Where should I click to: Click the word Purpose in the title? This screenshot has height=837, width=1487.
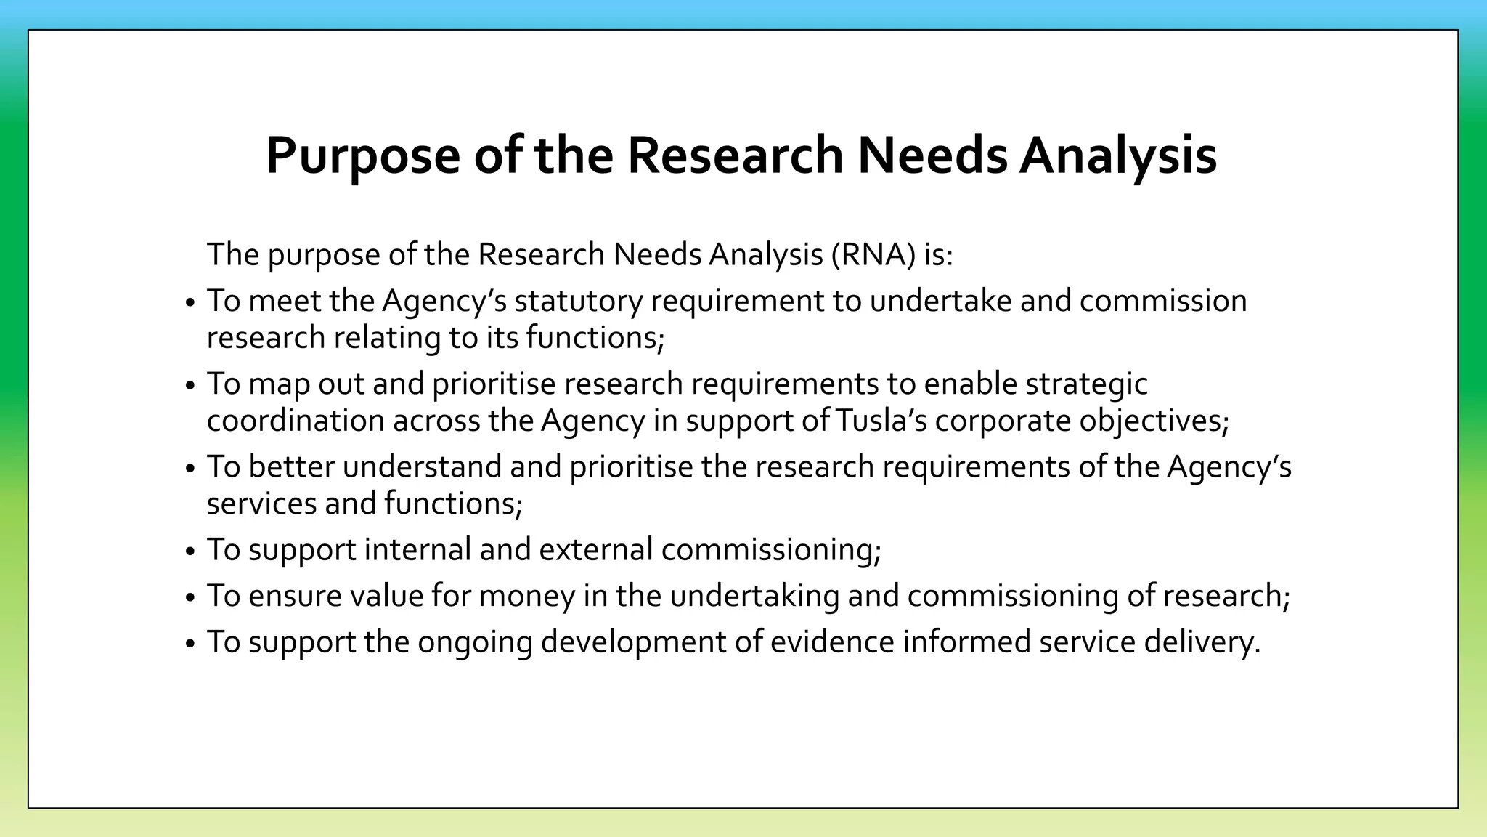click(x=363, y=155)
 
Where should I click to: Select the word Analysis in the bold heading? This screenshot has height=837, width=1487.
click(x=1117, y=155)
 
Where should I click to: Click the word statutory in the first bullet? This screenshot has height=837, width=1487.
click(x=578, y=301)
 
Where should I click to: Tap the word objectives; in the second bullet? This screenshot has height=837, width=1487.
click(x=1154, y=421)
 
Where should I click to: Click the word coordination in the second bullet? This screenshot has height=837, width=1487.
click(x=296, y=421)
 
